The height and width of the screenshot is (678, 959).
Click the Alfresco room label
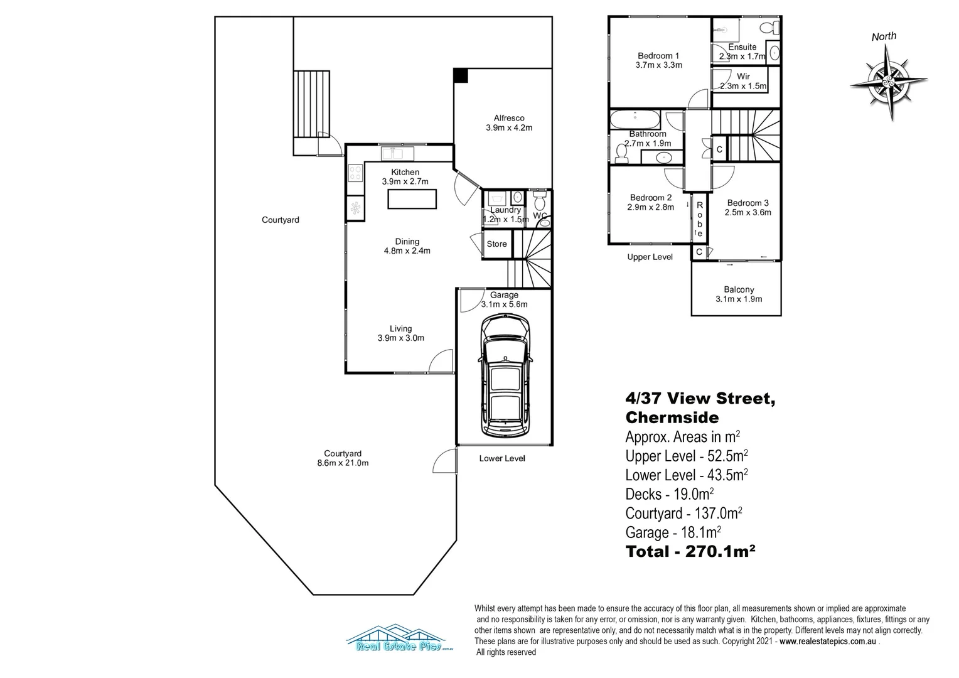tap(508, 118)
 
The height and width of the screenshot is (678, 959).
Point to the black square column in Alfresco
tap(461, 75)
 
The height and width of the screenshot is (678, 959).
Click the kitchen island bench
tap(412, 199)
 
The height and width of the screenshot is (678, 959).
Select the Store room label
tap(496, 244)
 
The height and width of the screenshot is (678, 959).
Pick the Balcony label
tap(739, 289)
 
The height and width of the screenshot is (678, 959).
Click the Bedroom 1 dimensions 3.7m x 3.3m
tap(658, 65)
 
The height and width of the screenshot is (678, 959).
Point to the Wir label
tap(743, 77)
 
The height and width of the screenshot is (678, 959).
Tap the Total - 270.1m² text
tap(690, 552)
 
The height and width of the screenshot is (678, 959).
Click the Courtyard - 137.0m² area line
tap(683, 514)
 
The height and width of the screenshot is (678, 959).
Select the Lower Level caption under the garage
tap(501, 458)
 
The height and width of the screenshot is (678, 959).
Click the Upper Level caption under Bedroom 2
tap(650, 257)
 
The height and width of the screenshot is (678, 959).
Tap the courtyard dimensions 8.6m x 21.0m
tap(343, 463)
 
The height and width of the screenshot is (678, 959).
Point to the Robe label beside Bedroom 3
tap(699, 219)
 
